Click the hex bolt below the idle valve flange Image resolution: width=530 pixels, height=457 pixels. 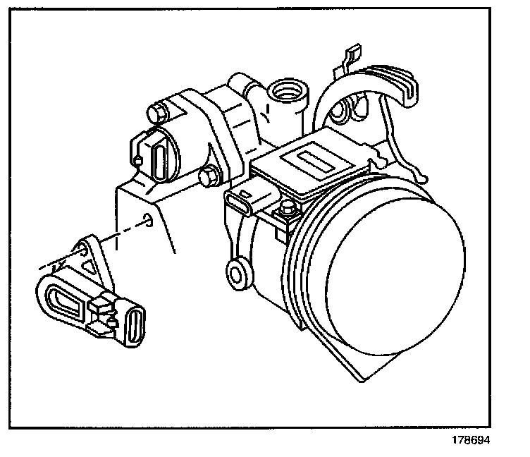pos(209,174)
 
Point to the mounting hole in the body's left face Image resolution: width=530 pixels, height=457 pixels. pos(147,220)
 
